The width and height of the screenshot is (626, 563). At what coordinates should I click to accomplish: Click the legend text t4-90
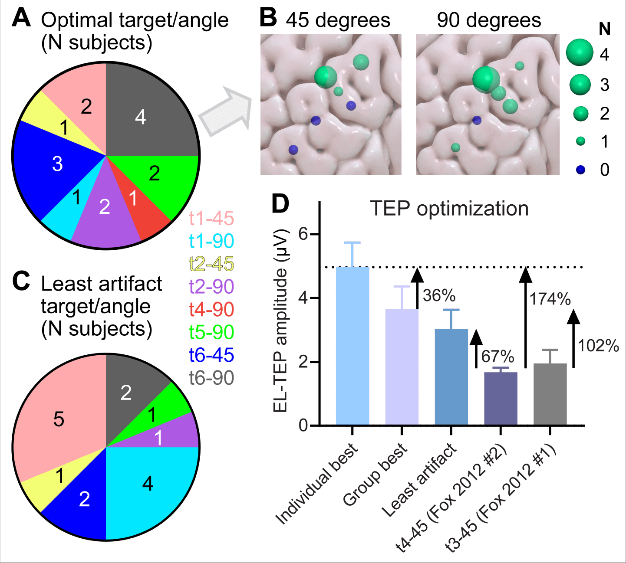[211, 309]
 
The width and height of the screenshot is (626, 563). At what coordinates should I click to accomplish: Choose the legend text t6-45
[211, 355]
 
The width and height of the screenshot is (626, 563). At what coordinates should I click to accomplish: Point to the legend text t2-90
[211, 286]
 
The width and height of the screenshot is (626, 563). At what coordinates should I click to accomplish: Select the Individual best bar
[353, 347]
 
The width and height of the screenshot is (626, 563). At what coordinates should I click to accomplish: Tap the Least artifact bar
[451, 377]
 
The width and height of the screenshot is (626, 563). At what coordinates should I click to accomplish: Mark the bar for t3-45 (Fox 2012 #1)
[550, 394]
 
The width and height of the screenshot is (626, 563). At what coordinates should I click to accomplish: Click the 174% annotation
[550, 299]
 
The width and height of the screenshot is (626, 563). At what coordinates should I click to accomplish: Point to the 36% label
[439, 295]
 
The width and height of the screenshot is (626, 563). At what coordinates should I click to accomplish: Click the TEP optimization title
[449, 209]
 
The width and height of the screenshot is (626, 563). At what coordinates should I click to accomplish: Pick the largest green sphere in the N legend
[580, 52]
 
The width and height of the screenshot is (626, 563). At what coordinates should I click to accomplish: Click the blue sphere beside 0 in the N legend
[580, 170]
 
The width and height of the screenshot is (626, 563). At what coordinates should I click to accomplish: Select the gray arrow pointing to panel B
[226, 111]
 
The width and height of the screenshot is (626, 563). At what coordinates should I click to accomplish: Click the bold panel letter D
[280, 203]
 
